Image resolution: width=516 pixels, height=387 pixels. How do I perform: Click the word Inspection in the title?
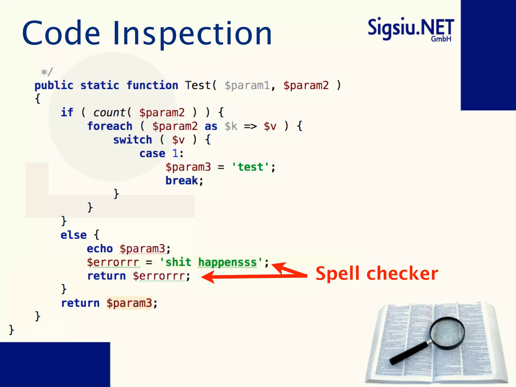[x=192, y=34]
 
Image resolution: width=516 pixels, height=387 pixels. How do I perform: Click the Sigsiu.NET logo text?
[x=411, y=28]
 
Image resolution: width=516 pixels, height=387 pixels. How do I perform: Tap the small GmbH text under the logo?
[x=441, y=39]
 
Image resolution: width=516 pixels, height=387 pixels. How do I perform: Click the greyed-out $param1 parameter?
[x=247, y=85]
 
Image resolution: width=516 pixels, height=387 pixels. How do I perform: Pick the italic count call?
[x=109, y=113]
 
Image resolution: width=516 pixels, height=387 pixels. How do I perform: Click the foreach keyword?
[x=110, y=126]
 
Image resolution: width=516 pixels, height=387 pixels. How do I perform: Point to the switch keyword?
[x=133, y=140]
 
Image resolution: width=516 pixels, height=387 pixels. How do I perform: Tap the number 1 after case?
[x=175, y=153]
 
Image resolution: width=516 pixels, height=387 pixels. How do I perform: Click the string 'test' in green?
[x=250, y=167]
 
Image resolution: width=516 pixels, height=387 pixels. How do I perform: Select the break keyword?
[x=182, y=181]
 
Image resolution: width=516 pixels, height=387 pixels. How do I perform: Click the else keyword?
[x=74, y=235]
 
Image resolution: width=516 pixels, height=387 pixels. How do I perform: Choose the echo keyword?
[x=100, y=249]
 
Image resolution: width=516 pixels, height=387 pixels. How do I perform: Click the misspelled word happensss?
[x=227, y=262]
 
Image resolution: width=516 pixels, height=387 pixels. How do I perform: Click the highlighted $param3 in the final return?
[x=129, y=303]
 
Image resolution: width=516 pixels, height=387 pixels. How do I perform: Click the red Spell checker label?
[x=377, y=274]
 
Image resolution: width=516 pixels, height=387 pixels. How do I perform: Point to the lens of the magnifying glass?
[x=447, y=333]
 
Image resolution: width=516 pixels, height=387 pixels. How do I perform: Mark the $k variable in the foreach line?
[x=231, y=126]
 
